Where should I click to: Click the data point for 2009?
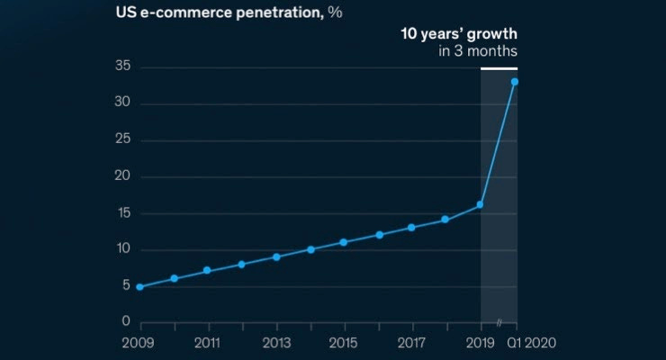pos(139,287)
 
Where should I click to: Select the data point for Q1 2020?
pos(515,82)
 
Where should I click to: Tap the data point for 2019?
pos(481,205)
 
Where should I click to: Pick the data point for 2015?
pos(344,242)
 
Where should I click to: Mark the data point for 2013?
pos(276,256)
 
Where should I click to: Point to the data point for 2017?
pos(411,228)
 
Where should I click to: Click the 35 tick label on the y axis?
pos(124,67)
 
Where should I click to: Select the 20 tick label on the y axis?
pos(124,177)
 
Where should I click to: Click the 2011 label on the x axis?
pos(208,344)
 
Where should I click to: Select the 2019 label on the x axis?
pos(481,344)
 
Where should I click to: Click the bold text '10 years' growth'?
pos(459,34)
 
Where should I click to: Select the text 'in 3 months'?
pos(478,51)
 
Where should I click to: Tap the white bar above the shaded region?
pos(499,68)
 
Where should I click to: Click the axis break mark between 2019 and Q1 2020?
pos(499,322)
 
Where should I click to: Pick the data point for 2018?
pos(445,220)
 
